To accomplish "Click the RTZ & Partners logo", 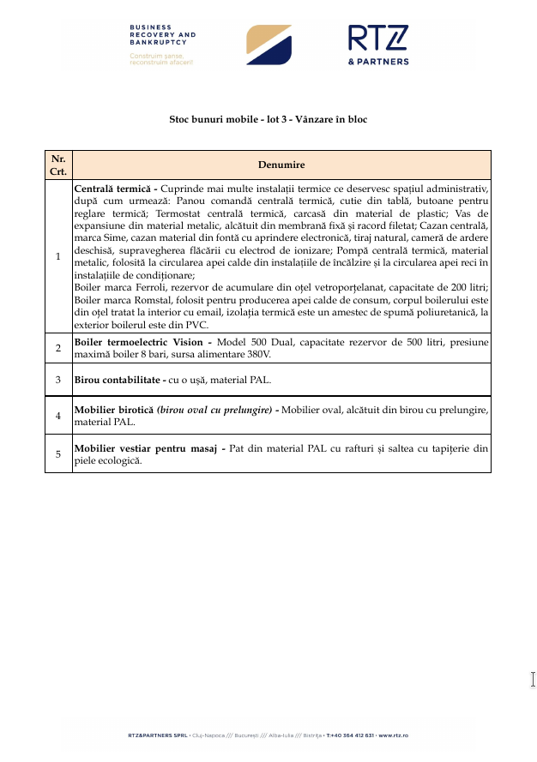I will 378,45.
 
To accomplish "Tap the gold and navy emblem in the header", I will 268,45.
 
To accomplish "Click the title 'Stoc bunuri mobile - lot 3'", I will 268,120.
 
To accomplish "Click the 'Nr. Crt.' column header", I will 58,164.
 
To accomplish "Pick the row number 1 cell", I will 58,255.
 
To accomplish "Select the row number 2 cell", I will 58,348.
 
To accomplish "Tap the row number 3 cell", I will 58,379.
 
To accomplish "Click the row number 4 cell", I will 58,416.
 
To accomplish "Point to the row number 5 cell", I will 58,453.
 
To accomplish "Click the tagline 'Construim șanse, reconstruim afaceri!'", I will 162,59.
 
